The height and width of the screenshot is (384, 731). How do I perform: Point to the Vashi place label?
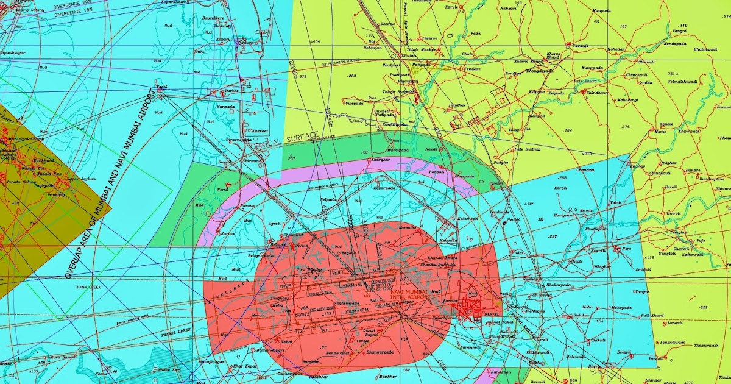[x=161, y=87]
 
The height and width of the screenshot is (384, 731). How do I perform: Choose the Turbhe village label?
[x=232, y=91]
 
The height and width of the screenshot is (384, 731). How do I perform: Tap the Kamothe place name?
[x=407, y=227]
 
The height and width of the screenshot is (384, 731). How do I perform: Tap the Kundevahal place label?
[x=337, y=352]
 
